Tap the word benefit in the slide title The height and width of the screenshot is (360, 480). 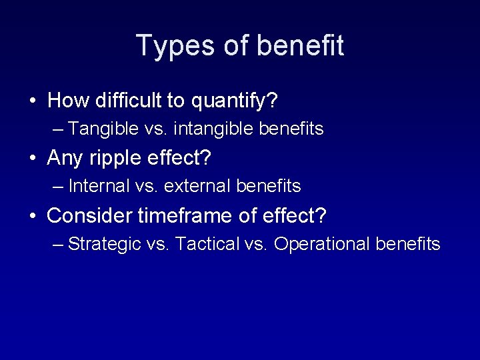(x=300, y=46)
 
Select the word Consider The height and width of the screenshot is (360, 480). (x=90, y=215)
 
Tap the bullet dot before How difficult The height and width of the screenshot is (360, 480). (x=33, y=102)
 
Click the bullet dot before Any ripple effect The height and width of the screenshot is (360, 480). (x=33, y=159)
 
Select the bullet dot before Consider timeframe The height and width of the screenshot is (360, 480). (x=33, y=216)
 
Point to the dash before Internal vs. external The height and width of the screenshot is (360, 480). (x=58, y=187)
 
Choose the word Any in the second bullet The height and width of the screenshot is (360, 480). (x=64, y=159)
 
